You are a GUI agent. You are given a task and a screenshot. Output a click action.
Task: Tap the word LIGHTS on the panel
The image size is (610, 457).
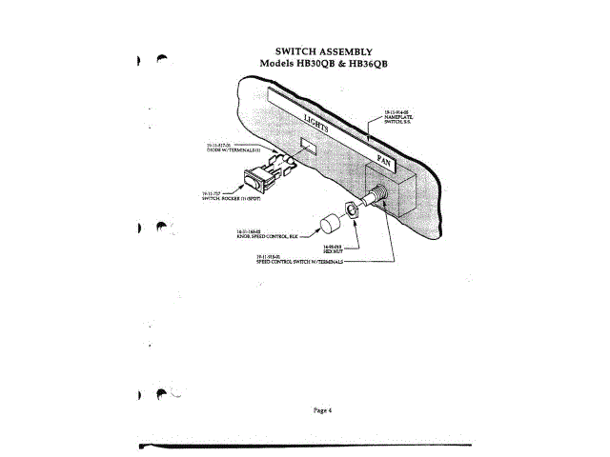(321, 127)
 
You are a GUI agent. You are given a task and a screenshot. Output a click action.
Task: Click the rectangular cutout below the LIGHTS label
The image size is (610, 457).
(307, 148)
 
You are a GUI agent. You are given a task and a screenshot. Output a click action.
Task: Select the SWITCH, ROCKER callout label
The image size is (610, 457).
(225, 196)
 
